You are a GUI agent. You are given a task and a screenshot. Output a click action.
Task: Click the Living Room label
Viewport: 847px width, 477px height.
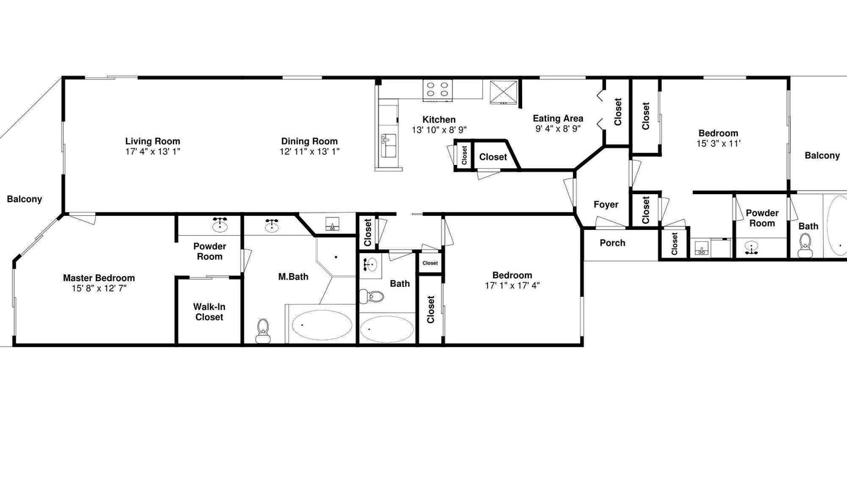(x=153, y=141)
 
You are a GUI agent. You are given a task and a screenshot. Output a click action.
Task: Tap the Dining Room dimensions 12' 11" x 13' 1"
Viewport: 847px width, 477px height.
(x=310, y=152)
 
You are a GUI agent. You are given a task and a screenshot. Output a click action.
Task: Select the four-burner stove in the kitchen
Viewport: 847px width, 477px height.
(x=437, y=90)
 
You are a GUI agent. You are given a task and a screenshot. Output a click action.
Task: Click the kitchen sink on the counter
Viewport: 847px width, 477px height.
(x=388, y=145)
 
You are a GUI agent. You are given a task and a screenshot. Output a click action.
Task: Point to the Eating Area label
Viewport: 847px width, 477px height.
(x=558, y=119)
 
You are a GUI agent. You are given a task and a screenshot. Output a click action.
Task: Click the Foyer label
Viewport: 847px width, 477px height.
(x=605, y=205)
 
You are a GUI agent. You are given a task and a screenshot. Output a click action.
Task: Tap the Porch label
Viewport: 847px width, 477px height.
(x=613, y=243)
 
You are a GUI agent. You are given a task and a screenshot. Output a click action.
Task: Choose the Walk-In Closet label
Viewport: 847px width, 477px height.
(x=209, y=312)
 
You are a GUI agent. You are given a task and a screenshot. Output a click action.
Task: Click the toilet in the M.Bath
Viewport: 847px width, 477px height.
(x=263, y=331)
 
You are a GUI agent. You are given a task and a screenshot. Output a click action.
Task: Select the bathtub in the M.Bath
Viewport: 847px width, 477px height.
(x=322, y=325)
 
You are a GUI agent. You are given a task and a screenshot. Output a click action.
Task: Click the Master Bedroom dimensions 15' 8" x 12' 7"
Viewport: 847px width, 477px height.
(x=99, y=288)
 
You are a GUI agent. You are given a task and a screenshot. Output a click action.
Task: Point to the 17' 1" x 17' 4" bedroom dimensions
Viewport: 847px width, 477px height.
(x=512, y=286)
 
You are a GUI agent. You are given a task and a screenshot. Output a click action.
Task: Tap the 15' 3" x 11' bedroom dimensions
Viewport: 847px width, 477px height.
(x=719, y=144)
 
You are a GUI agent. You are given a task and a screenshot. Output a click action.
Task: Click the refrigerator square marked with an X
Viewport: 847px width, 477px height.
(x=504, y=92)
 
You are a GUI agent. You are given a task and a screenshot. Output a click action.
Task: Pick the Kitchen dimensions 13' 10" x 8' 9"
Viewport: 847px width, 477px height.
(x=439, y=130)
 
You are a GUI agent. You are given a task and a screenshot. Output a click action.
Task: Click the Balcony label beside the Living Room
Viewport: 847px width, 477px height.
(x=24, y=199)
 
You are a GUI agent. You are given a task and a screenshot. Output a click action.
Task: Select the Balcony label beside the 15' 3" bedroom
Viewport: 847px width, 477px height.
(x=822, y=156)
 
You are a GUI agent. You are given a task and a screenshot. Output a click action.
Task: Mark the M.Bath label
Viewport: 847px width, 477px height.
(x=293, y=277)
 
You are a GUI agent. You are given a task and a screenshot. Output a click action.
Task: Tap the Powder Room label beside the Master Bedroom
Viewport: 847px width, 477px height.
(x=210, y=251)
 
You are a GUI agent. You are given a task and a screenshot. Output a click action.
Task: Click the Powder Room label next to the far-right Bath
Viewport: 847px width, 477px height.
(x=762, y=218)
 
